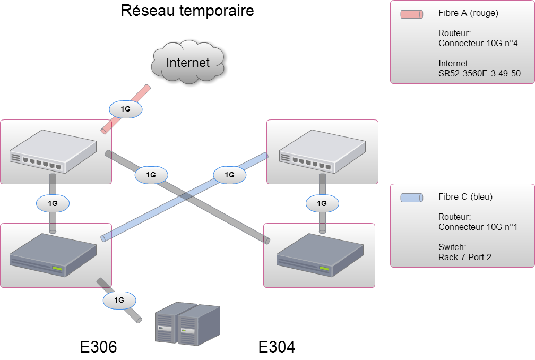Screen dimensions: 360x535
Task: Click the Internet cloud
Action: tap(187, 63)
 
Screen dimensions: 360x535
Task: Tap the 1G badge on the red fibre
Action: tap(126, 109)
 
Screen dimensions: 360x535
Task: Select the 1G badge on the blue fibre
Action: tap(229, 174)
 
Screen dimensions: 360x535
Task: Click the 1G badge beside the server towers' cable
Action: tap(119, 300)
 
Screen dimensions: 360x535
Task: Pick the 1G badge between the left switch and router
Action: tap(53, 203)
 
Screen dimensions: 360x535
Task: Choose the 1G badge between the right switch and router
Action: tap(322, 203)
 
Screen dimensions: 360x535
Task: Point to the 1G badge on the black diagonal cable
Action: tap(151, 174)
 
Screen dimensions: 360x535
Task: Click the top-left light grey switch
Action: tap(53, 152)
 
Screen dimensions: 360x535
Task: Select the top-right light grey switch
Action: tap(323, 152)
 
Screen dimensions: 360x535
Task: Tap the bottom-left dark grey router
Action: tap(53, 256)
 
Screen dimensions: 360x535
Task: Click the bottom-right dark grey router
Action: tap(320, 256)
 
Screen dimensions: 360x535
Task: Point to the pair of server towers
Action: tap(187, 324)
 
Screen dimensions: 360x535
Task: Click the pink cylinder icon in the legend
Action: tap(411, 14)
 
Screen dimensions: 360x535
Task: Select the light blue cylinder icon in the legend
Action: tap(411, 198)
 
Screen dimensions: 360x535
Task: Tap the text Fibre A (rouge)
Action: tap(468, 13)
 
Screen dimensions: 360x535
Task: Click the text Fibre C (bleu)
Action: tap(465, 196)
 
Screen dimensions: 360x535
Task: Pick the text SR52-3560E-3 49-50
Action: tap(479, 74)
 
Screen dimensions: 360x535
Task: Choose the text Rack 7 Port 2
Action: tap(464, 257)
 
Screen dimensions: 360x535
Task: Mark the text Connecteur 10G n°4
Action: tap(478, 44)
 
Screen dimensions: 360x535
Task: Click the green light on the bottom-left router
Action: tap(57, 270)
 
